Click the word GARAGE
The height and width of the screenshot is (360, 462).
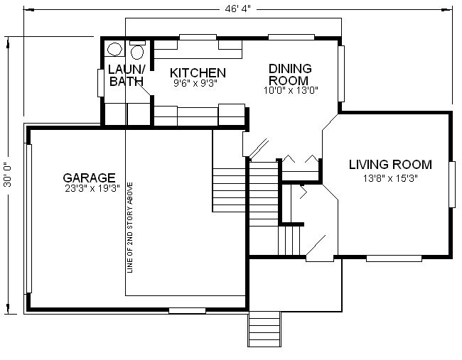coord(89,178)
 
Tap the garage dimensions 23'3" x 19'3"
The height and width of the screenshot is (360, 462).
coord(89,189)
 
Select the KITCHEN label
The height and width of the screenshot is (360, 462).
coord(198,73)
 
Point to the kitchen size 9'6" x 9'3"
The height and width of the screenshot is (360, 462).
coord(195,83)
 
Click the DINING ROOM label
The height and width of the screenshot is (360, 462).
coord(289,75)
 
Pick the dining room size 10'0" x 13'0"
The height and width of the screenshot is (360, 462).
coord(290,90)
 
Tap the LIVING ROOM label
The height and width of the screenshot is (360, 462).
coord(391,165)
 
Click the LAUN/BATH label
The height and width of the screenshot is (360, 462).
coord(127,75)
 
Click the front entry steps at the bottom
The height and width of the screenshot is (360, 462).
coord(264,329)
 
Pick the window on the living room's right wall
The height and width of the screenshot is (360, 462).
coord(451,183)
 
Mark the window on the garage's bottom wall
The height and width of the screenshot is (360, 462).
coord(187,310)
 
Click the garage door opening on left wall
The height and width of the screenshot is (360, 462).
coord(29,218)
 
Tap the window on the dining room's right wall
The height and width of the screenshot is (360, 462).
coord(341,75)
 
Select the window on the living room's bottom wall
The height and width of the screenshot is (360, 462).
coord(394,258)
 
